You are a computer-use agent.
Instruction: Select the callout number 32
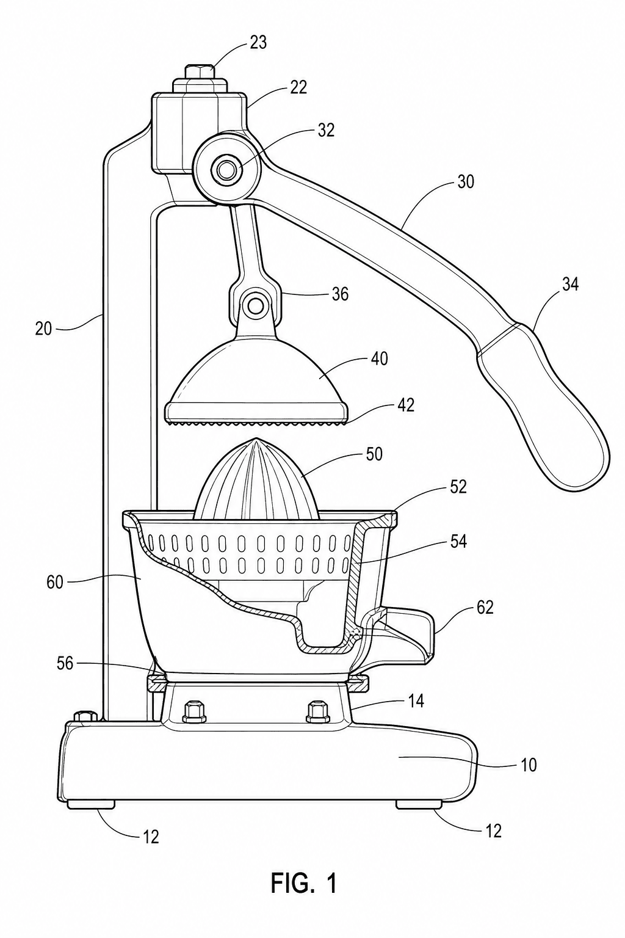(326, 131)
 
